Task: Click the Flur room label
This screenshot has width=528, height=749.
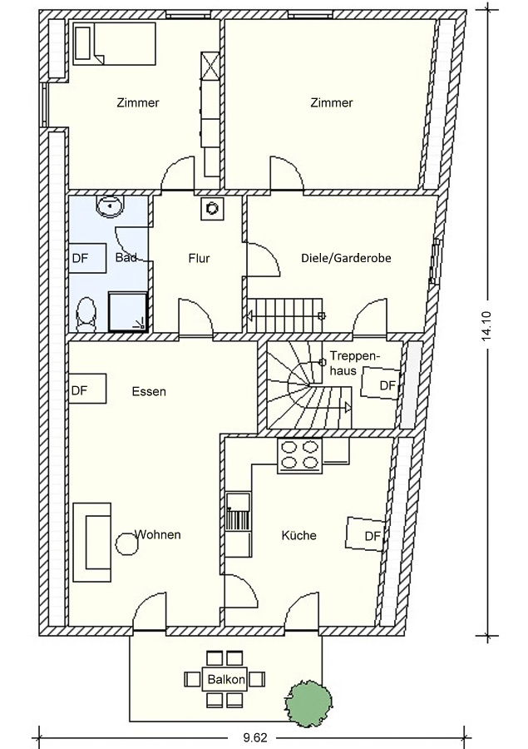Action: [x=199, y=259]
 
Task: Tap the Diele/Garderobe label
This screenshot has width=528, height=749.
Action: [x=346, y=259]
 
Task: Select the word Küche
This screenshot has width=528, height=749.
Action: [x=299, y=535]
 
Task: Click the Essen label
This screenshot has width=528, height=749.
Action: [x=149, y=392]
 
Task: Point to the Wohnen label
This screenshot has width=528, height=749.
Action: [x=157, y=534]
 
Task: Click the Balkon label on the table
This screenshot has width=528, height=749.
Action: [x=226, y=679]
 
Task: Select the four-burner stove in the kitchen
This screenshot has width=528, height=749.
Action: [x=299, y=455]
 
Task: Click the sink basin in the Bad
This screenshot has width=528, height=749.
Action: [x=111, y=206]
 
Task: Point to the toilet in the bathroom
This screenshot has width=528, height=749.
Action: [x=86, y=315]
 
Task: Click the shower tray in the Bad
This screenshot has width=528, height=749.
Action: [x=127, y=312]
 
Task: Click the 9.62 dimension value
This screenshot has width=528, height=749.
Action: [x=255, y=738]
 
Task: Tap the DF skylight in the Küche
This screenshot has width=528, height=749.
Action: [x=366, y=534]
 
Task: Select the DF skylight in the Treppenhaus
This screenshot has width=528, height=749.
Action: [x=381, y=383]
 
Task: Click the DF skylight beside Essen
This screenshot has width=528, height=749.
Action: [x=87, y=389]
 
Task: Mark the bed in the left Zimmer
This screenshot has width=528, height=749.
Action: [x=115, y=43]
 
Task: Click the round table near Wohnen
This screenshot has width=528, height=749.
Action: [x=127, y=543]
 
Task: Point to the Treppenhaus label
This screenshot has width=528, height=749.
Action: [x=354, y=363]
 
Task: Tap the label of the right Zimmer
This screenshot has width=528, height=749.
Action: [x=332, y=102]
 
